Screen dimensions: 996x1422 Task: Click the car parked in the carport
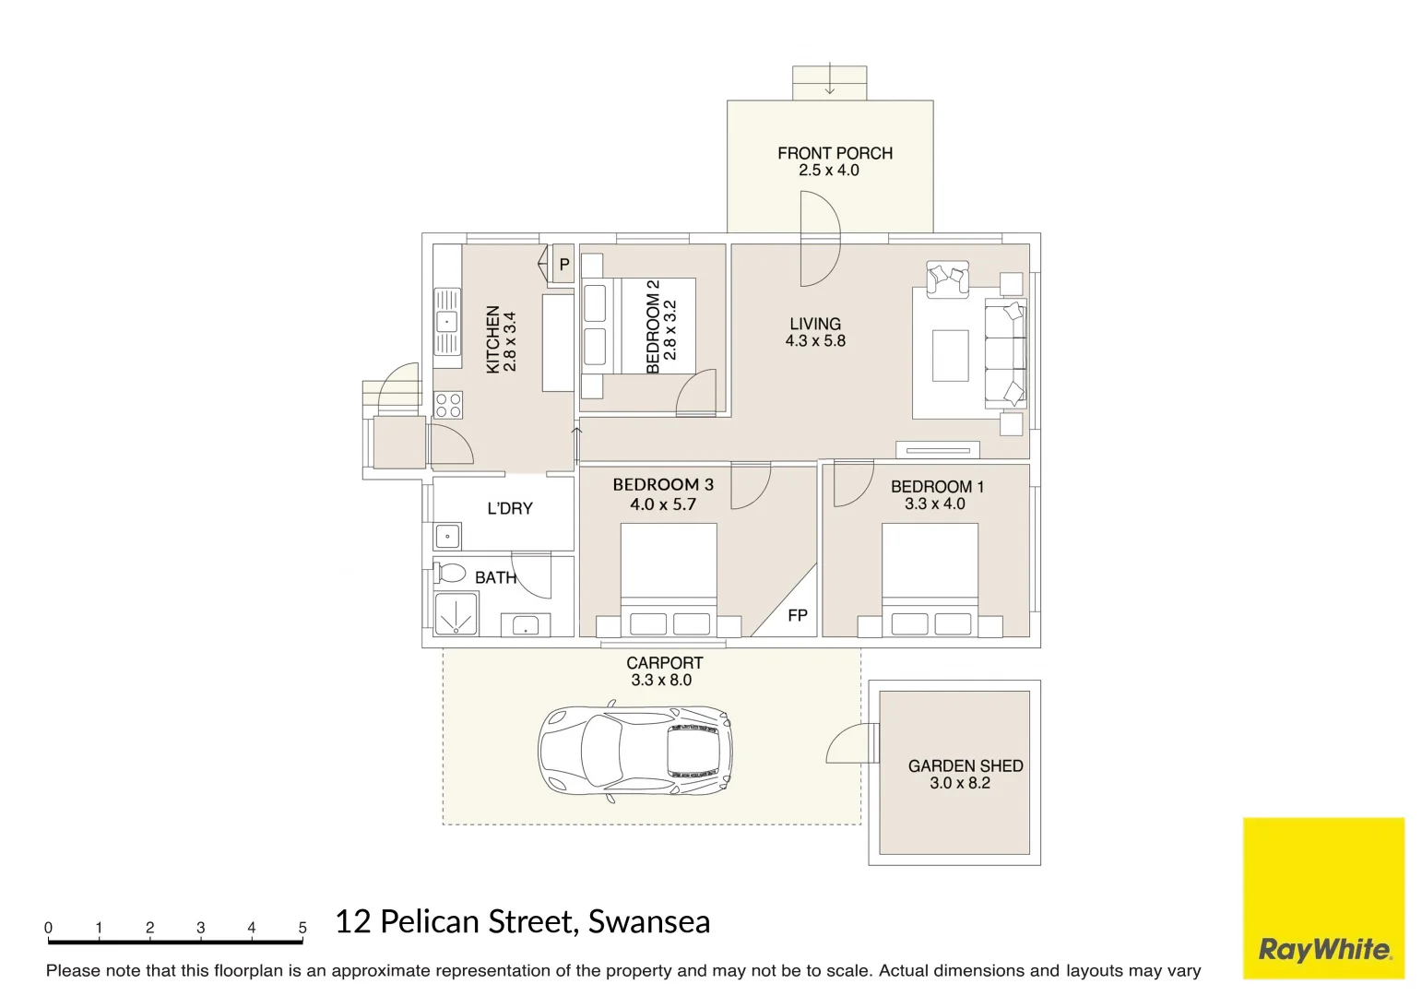[x=634, y=751]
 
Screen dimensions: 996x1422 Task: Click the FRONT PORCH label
[x=835, y=153]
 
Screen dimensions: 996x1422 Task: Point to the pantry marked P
[x=563, y=265]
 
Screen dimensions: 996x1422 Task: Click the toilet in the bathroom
[x=451, y=573]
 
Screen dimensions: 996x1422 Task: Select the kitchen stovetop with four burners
[x=448, y=405]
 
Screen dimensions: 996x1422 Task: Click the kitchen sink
[x=446, y=322]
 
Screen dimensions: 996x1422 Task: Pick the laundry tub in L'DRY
[x=447, y=536]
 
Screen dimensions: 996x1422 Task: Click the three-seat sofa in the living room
[x=1005, y=354]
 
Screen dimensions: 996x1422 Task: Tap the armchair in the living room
[x=948, y=279]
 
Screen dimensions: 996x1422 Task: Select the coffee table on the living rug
[x=950, y=355]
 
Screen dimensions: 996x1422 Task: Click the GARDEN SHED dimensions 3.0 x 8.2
[x=959, y=783]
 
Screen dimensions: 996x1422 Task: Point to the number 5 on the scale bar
[x=302, y=928]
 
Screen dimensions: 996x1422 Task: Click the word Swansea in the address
[x=649, y=921]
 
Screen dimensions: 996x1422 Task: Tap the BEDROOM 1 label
[x=937, y=487]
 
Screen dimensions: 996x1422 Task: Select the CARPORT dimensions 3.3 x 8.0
[x=661, y=681]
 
